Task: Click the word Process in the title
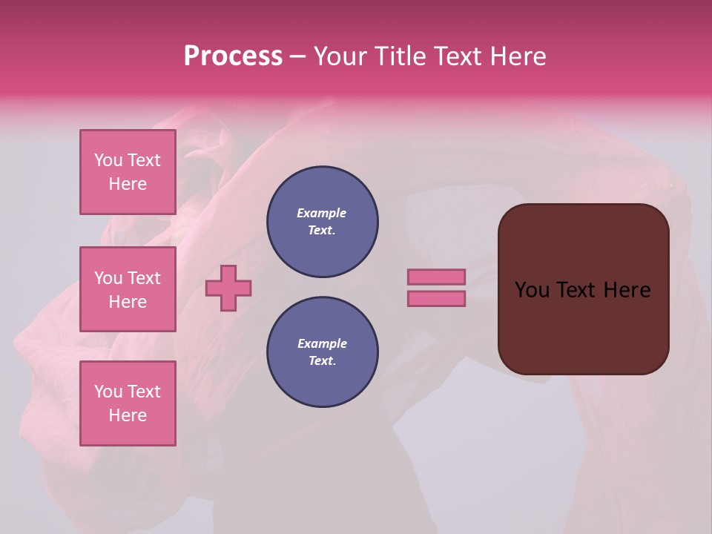tap(233, 56)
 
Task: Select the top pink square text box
tap(128, 172)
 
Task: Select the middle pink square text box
tap(128, 289)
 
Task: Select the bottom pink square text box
tap(128, 403)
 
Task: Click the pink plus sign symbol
tap(228, 288)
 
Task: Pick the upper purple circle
tap(322, 222)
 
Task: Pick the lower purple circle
tap(322, 352)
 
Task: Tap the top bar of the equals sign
tap(436, 277)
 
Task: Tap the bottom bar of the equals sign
tap(436, 299)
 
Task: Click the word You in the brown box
tap(532, 290)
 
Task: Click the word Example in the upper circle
tap(322, 213)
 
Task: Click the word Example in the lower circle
tap(322, 343)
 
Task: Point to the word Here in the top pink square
tap(128, 184)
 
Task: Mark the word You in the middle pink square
tap(108, 278)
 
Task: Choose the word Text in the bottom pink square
tap(144, 392)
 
